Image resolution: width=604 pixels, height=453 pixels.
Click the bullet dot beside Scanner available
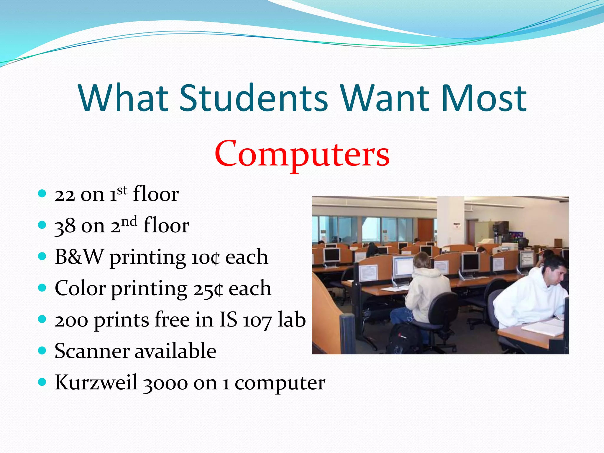point(42,350)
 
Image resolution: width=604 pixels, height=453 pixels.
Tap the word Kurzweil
point(96,382)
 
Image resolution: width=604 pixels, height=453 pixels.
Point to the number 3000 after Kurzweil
point(165,383)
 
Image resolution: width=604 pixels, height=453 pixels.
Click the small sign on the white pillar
point(457,226)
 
